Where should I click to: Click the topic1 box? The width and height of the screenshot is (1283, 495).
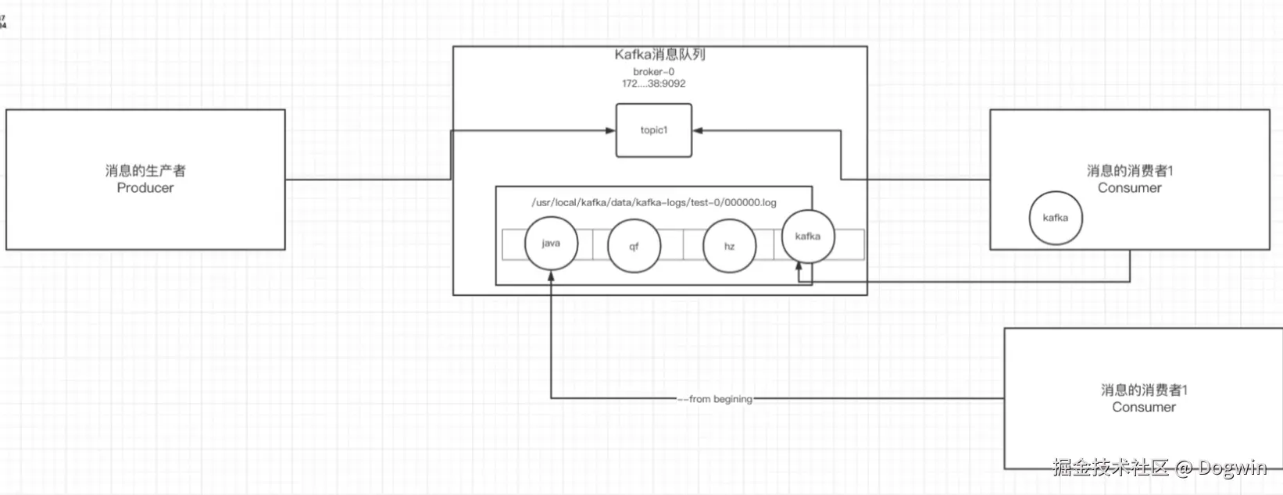(653, 130)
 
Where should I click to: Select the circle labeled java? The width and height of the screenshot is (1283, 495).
(551, 244)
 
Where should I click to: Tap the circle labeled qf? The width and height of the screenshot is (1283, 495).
(634, 246)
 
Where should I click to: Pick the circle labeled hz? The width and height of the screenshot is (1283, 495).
(729, 246)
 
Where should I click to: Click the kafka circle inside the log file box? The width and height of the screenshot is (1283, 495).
(808, 236)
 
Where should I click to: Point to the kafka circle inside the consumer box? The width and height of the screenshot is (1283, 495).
(1056, 218)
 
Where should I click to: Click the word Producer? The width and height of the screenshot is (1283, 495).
(145, 188)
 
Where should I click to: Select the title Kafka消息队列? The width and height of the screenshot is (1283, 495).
(659, 55)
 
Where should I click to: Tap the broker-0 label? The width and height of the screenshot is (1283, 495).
(653, 72)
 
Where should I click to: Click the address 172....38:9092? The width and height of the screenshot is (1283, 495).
(653, 84)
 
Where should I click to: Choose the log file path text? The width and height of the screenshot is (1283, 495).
(654, 202)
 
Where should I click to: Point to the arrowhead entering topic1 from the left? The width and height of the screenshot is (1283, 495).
(611, 130)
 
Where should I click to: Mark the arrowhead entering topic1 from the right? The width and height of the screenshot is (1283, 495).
(698, 130)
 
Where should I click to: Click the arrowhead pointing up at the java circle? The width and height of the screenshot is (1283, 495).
(551, 276)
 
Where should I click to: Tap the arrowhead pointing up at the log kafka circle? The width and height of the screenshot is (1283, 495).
(799, 267)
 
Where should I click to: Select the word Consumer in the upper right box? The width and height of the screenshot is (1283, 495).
(1129, 188)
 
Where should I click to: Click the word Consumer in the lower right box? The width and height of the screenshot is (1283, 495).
(1143, 408)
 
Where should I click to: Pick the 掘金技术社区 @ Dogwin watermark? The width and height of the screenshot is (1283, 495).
(1159, 468)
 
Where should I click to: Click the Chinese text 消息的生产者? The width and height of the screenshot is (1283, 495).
(145, 171)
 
